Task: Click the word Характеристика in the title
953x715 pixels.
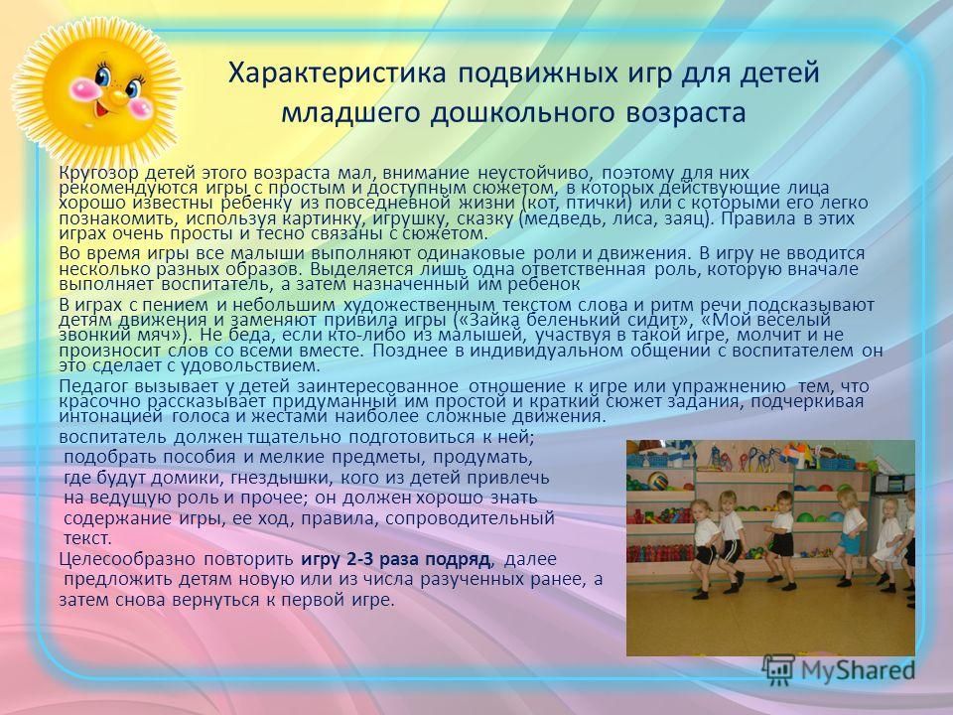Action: (337, 73)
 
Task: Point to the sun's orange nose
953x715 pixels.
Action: (116, 95)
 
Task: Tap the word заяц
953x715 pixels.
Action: (682, 218)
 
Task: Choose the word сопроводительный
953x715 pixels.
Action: (470, 518)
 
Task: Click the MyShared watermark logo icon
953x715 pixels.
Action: (778, 670)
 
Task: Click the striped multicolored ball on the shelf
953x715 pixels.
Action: (657, 481)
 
